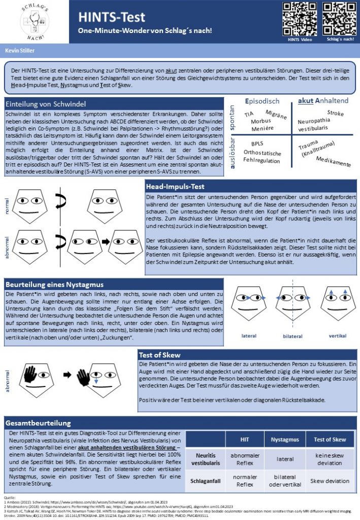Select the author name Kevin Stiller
(x=18, y=51)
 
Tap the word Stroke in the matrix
(x=335, y=112)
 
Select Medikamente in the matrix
(x=333, y=162)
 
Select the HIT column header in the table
(x=244, y=439)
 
